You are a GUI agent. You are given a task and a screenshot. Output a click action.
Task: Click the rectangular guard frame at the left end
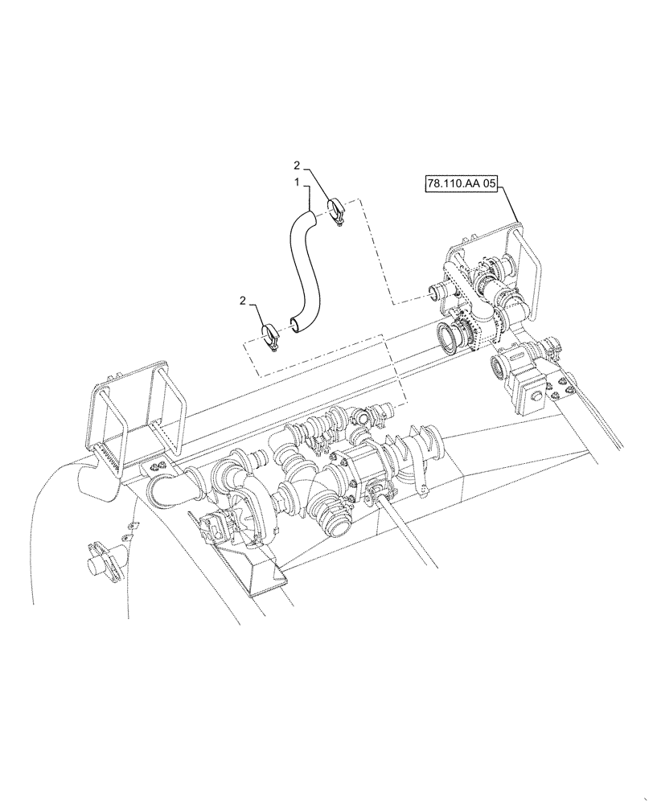(x=132, y=419)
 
